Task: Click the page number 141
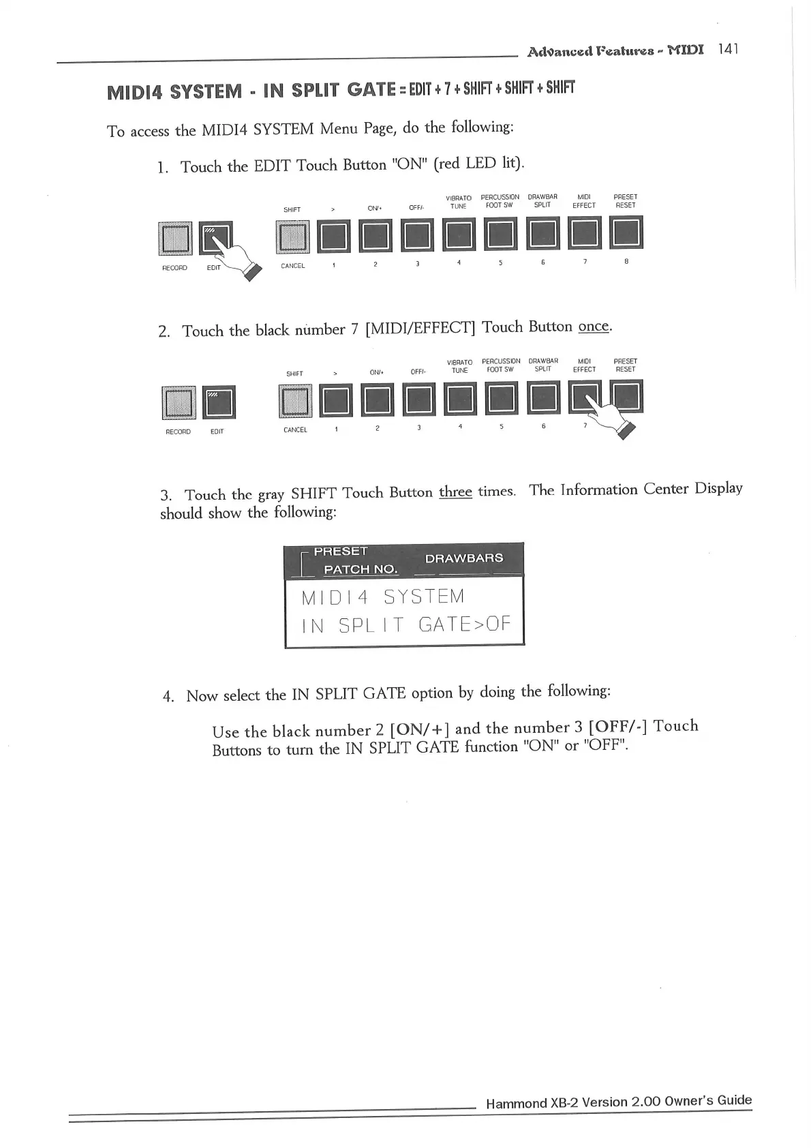728,49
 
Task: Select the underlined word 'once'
593,327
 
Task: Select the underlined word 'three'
455,492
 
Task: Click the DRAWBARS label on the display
464,558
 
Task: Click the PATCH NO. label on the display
361,569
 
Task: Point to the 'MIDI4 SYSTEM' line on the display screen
382,597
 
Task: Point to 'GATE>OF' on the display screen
464,624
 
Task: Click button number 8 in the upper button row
626,233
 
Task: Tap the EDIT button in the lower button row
219,402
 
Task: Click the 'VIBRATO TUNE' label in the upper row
459,202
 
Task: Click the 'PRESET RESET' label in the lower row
625,365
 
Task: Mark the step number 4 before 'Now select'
168,696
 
